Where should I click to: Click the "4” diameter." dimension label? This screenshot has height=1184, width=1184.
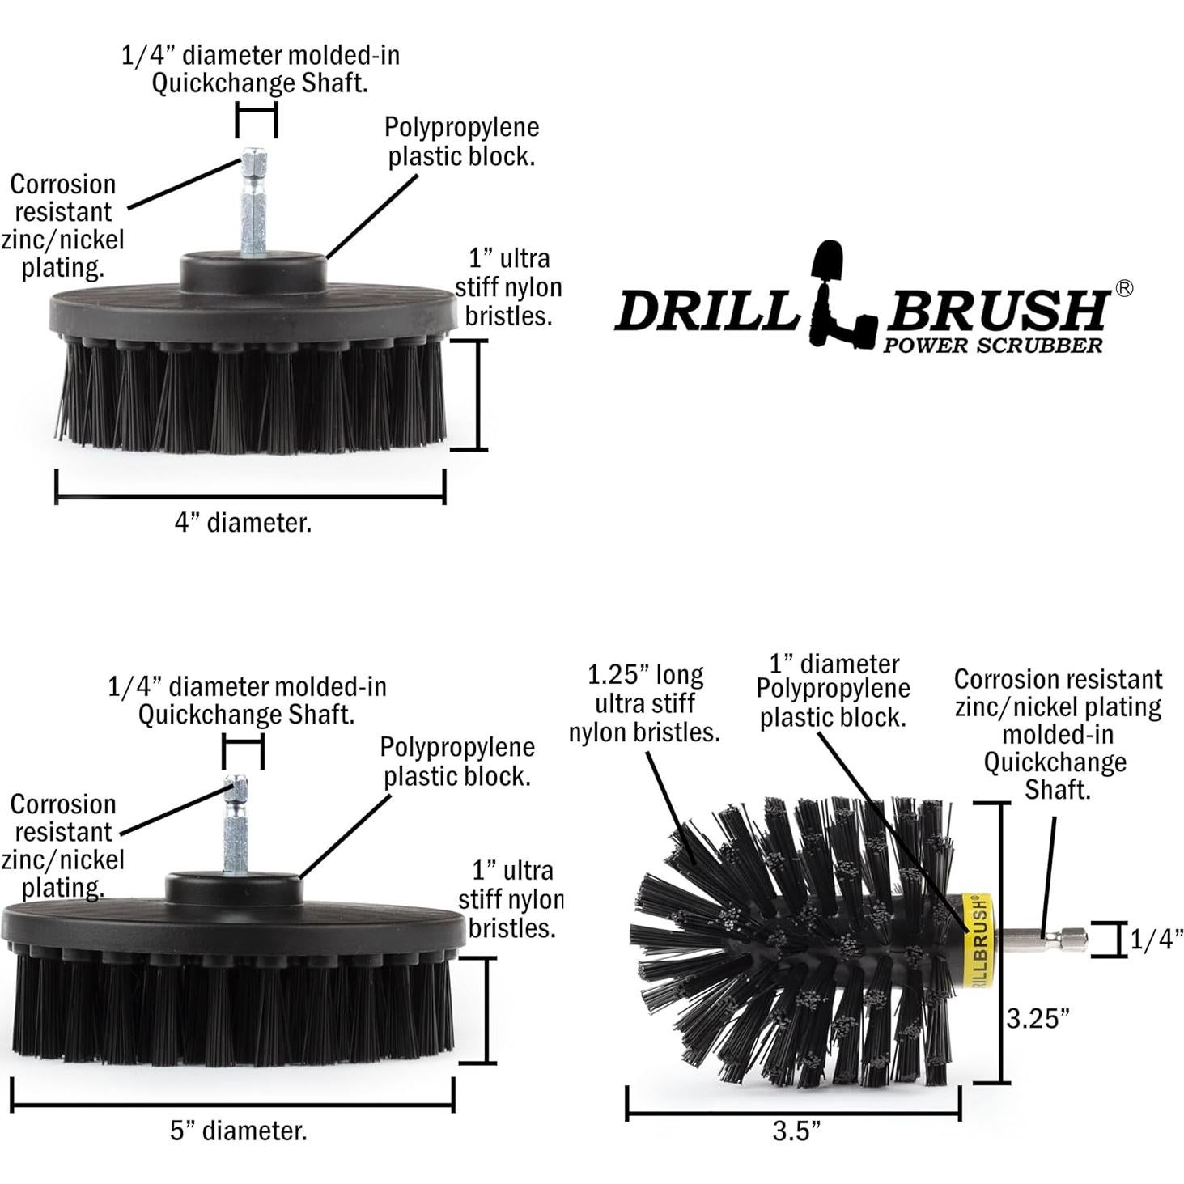point(243,523)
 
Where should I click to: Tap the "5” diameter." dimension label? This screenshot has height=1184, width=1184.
point(239,1131)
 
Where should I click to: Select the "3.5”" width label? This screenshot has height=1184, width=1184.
point(796,1131)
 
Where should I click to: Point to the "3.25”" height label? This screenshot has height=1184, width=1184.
point(1038,1018)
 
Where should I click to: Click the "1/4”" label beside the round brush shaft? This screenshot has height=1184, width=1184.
point(1156,940)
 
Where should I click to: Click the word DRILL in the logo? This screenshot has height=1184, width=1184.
point(706,311)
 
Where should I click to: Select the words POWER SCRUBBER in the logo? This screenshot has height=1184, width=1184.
point(993,346)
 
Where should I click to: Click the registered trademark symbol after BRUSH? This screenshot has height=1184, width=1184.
point(1123,288)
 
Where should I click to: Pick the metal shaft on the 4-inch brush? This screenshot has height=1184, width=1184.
point(254,204)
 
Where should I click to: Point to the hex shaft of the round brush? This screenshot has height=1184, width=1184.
point(1044,940)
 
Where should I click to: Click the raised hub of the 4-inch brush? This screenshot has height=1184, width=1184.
point(253,272)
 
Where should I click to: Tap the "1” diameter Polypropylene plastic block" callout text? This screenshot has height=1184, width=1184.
point(833,691)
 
